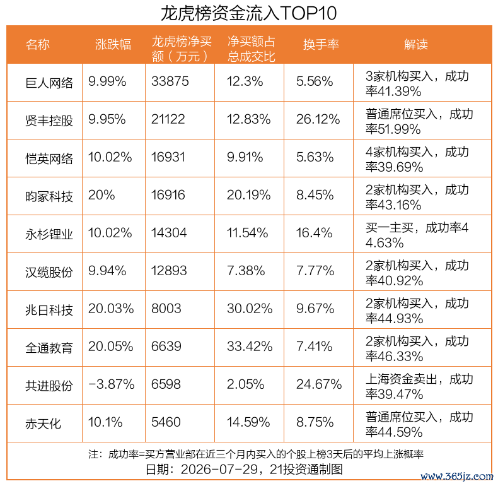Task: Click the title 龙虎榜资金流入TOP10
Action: [248, 13]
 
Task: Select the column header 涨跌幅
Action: [113, 44]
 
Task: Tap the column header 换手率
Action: [321, 44]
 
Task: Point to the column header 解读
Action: [416, 44]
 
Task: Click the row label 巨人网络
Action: [49, 83]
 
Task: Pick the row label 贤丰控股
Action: [49, 121]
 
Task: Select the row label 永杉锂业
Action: [49, 234]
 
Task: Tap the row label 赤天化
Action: [43, 424]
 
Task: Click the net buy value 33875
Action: [170, 81]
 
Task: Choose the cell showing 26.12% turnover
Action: [318, 119]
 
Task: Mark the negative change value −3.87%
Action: [111, 384]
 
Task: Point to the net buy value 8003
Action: [166, 309]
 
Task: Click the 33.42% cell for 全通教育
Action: [250, 347]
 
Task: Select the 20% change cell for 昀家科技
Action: [101, 195]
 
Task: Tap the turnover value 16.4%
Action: [314, 233]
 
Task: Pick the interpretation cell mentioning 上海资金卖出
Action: [419, 386]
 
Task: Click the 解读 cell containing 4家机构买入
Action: [417, 159]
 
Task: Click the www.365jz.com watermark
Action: [457, 476]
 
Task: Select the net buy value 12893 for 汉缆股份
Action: [169, 271]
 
